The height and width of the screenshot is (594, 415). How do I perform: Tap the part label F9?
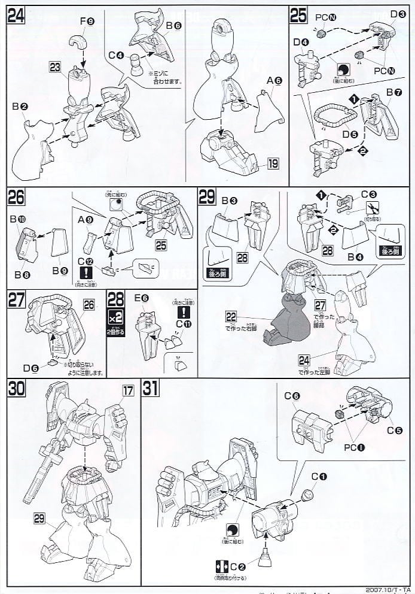point(88,22)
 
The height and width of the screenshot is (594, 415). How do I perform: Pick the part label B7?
point(393,93)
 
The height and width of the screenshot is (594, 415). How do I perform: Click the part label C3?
point(368,195)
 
